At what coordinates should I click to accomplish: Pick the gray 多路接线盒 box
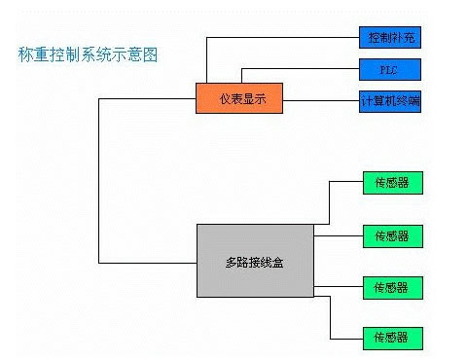click(x=255, y=260)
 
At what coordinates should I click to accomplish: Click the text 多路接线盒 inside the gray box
click(x=255, y=262)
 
